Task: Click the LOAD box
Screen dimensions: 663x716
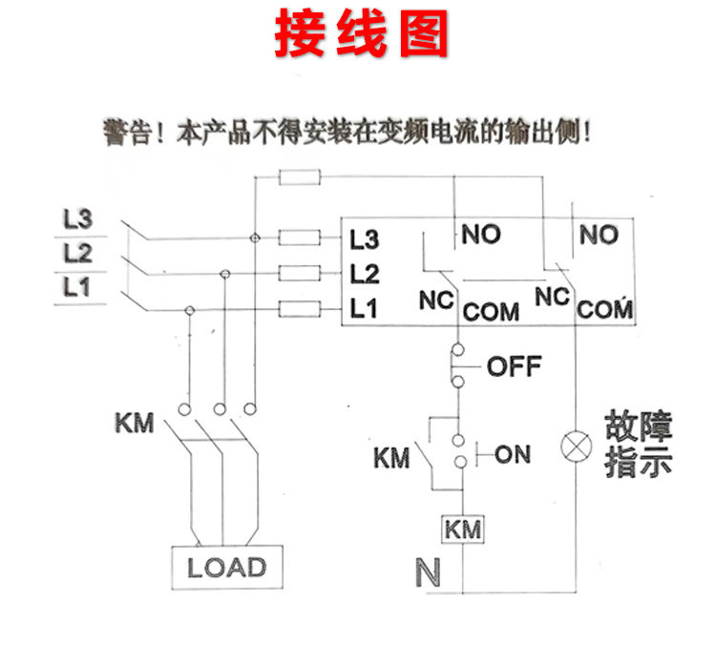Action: [226, 568]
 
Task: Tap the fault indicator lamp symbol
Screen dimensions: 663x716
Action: [576, 445]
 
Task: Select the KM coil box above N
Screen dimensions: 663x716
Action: [462, 528]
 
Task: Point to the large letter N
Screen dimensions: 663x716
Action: [429, 573]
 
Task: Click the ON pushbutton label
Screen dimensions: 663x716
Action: [512, 454]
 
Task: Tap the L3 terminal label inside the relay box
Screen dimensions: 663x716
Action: [365, 238]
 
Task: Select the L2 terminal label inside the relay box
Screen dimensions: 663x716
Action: [365, 275]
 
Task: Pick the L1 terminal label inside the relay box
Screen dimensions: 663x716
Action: [365, 308]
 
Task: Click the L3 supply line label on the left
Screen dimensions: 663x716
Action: [77, 219]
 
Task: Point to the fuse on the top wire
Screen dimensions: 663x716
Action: [299, 176]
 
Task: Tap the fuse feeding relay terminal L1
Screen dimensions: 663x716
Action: [299, 308]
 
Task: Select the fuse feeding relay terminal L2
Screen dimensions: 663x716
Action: [299, 274]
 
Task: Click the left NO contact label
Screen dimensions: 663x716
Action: [481, 235]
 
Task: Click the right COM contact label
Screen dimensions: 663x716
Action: [606, 309]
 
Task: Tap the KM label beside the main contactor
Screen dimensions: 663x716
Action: [134, 422]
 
